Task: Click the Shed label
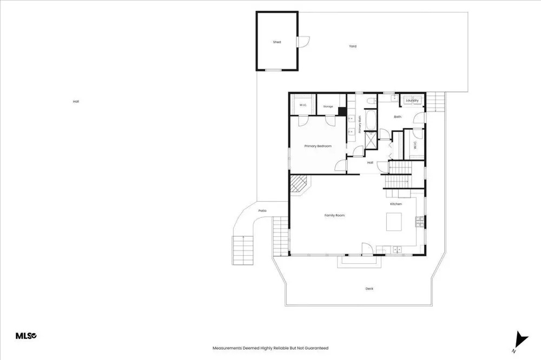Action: [276, 42]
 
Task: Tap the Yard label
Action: [353, 46]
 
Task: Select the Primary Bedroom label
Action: [318, 146]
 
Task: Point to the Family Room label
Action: [334, 216]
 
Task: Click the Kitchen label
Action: [396, 204]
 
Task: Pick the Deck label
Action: [369, 289]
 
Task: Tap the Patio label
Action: [262, 211]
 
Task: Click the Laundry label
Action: [412, 101]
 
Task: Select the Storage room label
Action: [328, 106]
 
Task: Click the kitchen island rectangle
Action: [394, 222]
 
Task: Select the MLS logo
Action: [26, 336]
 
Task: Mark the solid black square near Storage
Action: [342, 112]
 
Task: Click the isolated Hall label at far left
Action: [76, 102]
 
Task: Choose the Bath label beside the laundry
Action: [398, 117]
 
